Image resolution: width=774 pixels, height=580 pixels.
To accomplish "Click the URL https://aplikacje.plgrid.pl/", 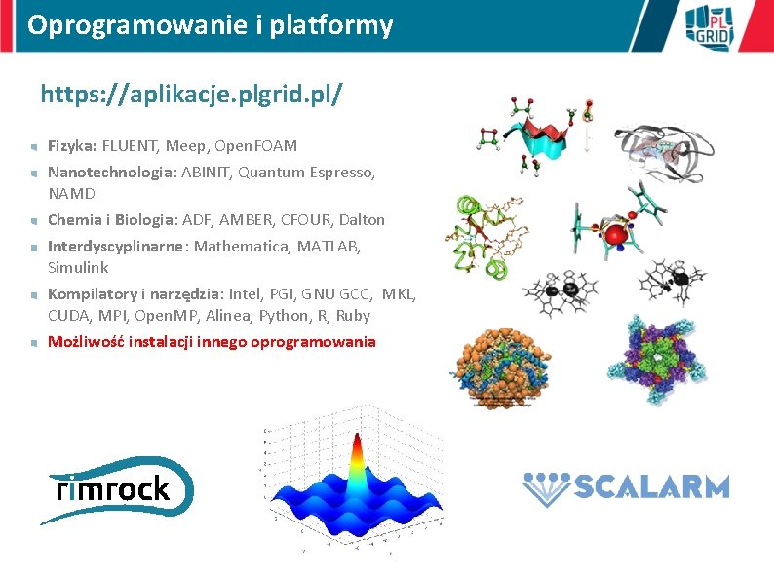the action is (191, 96).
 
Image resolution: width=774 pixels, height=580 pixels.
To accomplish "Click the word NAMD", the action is (71, 194).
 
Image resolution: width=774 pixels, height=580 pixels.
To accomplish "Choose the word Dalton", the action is (362, 220).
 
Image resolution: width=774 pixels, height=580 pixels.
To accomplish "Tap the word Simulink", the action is (78, 267).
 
